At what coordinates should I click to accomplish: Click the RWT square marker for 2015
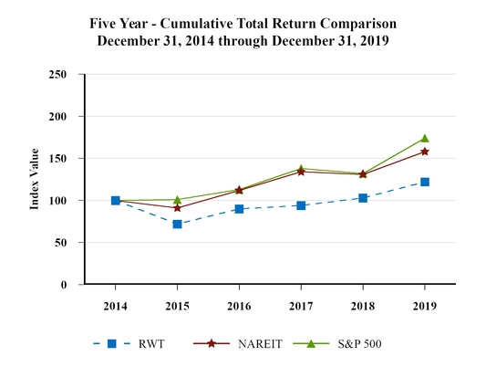pyautogui.click(x=177, y=224)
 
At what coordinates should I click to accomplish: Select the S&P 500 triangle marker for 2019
pyautogui.click(x=425, y=139)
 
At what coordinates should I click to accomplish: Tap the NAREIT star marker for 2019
pyautogui.click(x=425, y=152)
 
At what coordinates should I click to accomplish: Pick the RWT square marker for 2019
pyautogui.click(x=425, y=182)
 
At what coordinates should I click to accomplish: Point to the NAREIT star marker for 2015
pyautogui.click(x=177, y=208)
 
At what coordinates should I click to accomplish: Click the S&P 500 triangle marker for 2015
pyautogui.click(x=177, y=199)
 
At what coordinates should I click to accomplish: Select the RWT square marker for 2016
pyautogui.click(x=239, y=209)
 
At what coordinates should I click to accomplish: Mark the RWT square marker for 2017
pyautogui.click(x=301, y=205)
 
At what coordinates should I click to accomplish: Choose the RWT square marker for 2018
pyautogui.click(x=363, y=198)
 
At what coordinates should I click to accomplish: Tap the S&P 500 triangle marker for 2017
pyautogui.click(x=301, y=168)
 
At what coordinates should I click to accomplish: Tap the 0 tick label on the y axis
pyautogui.click(x=64, y=285)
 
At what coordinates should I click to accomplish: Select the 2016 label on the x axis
pyautogui.click(x=239, y=305)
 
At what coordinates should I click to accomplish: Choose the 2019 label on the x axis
pyautogui.click(x=425, y=305)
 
